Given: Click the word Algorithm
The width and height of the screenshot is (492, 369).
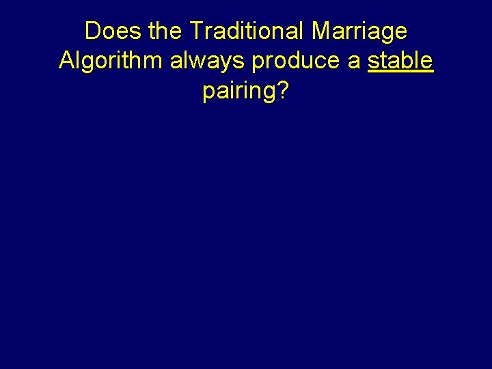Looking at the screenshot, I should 111,61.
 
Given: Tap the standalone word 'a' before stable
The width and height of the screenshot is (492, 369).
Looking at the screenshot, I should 354,61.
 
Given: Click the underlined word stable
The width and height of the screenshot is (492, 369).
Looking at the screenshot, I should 400,61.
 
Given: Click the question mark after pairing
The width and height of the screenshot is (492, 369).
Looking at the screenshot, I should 283,91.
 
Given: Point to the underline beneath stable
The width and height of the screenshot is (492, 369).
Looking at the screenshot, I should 400,72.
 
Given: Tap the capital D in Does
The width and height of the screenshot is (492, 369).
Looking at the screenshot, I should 93,31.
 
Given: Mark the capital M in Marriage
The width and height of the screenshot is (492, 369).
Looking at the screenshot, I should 322,31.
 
